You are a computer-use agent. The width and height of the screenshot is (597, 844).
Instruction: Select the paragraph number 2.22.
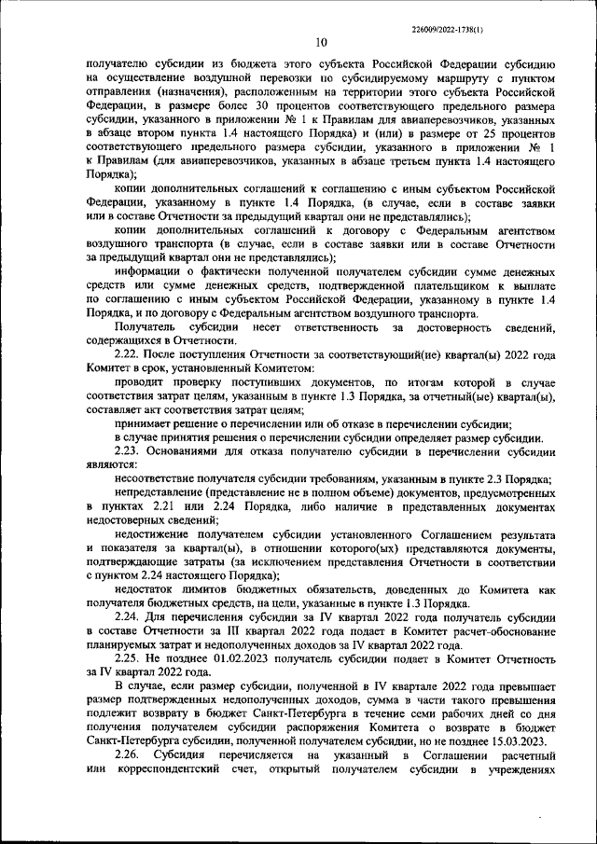[x=128, y=354]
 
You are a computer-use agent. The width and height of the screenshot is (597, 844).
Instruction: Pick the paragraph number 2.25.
[x=128, y=657]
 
